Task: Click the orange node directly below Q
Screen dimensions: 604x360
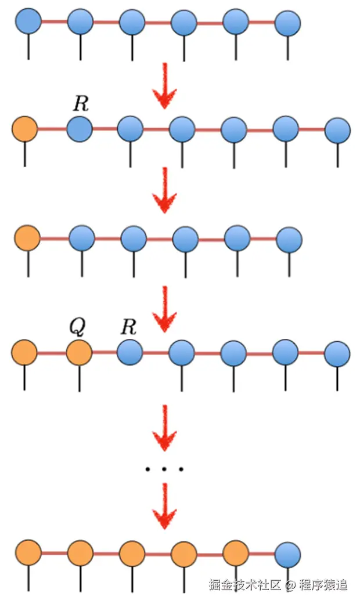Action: [x=78, y=352]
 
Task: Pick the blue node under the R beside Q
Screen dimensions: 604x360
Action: [x=129, y=352]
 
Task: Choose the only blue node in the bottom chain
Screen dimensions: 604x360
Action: [x=288, y=554]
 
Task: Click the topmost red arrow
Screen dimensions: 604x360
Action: [x=165, y=86]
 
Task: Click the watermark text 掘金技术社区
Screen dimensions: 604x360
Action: [x=246, y=584]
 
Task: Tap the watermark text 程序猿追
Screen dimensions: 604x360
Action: [x=323, y=584]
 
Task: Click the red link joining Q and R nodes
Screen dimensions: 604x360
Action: [x=104, y=352]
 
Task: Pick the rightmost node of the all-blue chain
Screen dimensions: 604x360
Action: [x=287, y=24]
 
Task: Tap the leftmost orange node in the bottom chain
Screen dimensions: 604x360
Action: [x=28, y=552]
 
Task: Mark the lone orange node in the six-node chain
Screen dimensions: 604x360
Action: [x=27, y=237]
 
